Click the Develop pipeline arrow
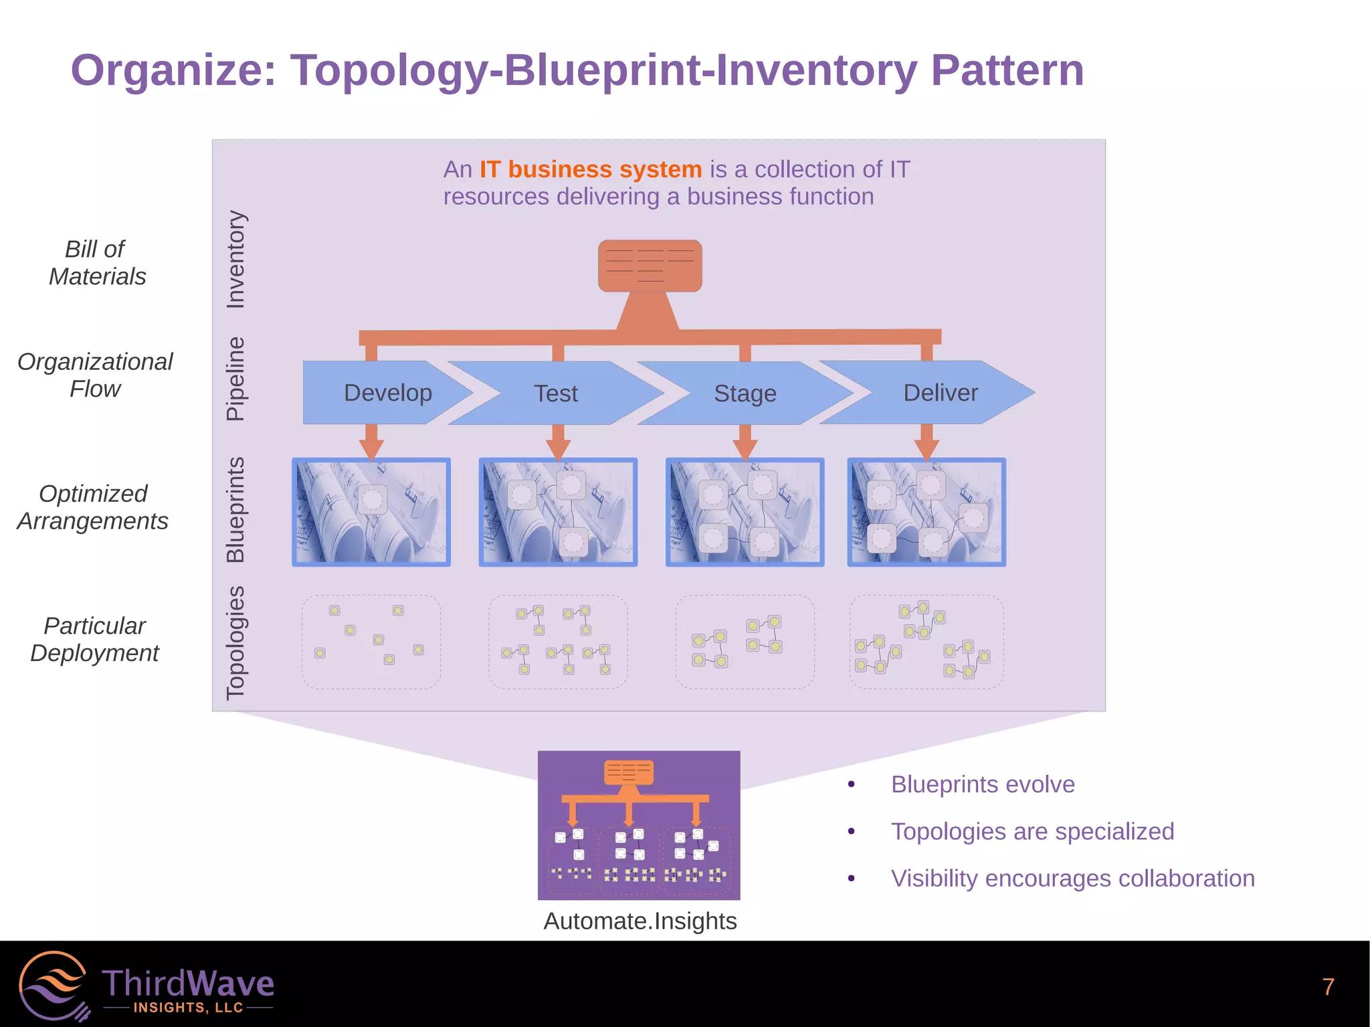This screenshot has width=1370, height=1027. (x=387, y=393)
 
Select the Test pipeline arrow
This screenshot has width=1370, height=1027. (x=555, y=393)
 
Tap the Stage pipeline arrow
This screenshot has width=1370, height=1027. (x=745, y=393)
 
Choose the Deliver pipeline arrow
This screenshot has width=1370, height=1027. (x=940, y=393)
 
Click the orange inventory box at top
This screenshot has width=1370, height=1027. (x=650, y=266)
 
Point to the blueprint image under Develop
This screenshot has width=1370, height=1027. (x=371, y=512)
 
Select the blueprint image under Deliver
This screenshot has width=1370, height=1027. (x=926, y=512)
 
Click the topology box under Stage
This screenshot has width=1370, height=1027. (x=745, y=642)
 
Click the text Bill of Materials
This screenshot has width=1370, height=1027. (x=96, y=263)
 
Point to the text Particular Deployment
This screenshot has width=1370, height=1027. (x=94, y=639)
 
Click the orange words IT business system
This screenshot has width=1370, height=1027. (x=590, y=169)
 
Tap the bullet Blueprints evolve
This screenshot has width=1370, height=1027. (x=982, y=784)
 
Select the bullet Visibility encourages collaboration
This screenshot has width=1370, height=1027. (x=1072, y=878)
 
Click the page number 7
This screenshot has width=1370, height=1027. (x=1328, y=987)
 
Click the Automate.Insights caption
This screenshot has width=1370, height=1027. (x=640, y=921)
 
